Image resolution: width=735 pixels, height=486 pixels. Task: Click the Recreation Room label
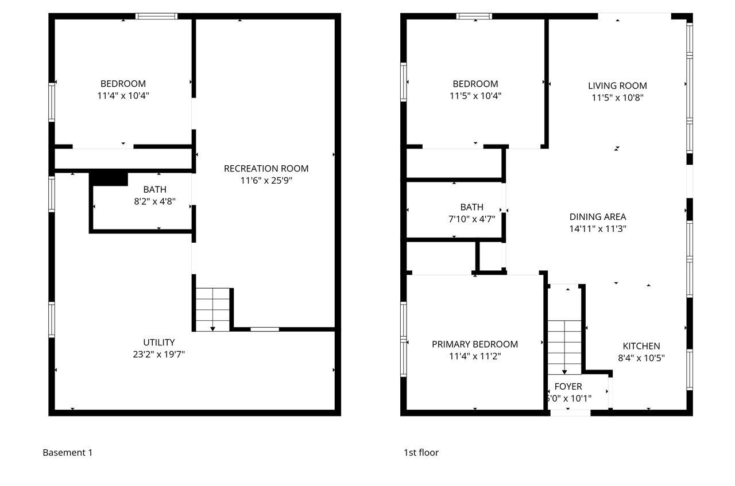click(266, 169)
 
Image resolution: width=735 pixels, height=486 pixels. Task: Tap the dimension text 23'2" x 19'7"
click(158, 355)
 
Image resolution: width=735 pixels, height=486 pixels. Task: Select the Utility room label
click(158, 343)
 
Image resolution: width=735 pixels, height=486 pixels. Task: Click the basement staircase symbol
click(213, 309)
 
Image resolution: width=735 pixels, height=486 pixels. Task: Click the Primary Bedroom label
click(475, 344)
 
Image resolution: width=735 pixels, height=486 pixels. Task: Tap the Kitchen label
click(641, 346)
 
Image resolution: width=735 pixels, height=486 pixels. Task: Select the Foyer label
click(568, 387)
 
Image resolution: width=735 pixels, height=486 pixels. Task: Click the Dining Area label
click(598, 217)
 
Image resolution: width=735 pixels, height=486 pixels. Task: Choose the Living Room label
click(617, 86)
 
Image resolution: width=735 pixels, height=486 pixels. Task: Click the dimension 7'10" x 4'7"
click(471, 219)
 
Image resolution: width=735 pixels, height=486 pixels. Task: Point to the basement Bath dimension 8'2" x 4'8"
click(154, 201)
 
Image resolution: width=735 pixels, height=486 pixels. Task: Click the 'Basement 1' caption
click(67, 453)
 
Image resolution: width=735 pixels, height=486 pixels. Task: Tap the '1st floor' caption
click(421, 453)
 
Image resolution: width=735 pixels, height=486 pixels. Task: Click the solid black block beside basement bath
click(109, 178)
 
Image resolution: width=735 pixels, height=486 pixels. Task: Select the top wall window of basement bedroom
click(156, 16)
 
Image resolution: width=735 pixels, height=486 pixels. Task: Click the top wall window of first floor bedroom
click(474, 16)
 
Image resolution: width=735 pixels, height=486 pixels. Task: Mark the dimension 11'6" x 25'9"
click(266, 181)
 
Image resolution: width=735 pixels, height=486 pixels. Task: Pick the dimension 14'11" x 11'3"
click(598, 229)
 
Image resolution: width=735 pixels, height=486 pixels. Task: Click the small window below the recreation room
click(265, 329)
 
